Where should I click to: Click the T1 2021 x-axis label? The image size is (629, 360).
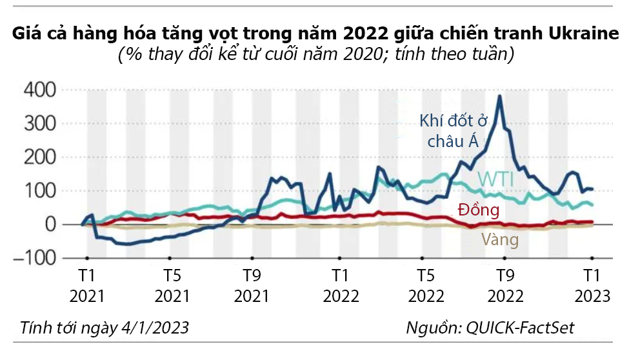(86, 286)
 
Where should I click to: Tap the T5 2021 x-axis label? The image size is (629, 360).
(172, 286)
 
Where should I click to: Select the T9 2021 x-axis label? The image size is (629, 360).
(252, 286)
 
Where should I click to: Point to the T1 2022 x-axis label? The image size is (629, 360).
(341, 286)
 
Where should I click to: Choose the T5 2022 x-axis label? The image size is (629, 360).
(426, 286)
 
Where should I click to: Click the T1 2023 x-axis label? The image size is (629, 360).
(592, 286)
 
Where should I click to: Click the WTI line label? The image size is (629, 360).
(496, 180)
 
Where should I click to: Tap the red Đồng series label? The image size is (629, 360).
(478, 210)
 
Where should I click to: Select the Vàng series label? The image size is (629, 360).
(500, 240)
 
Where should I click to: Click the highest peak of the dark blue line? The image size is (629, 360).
(499, 96)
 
